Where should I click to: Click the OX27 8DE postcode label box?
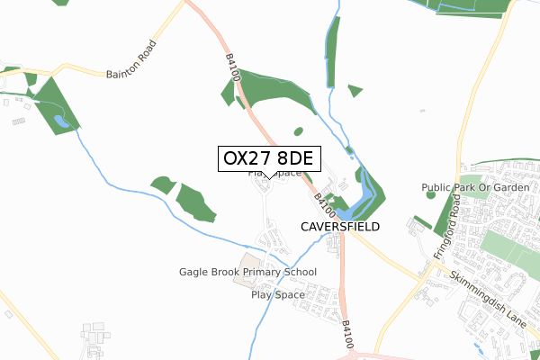coord(266,158)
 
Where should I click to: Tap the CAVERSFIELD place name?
coord(339,227)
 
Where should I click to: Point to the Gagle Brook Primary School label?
coord(247,272)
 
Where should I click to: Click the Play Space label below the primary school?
coord(278,294)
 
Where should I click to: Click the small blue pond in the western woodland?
coord(59,120)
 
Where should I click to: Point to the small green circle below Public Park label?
coord(430,194)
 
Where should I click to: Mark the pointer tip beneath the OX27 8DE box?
coord(267,176)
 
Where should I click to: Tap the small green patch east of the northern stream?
coord(355,90)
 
